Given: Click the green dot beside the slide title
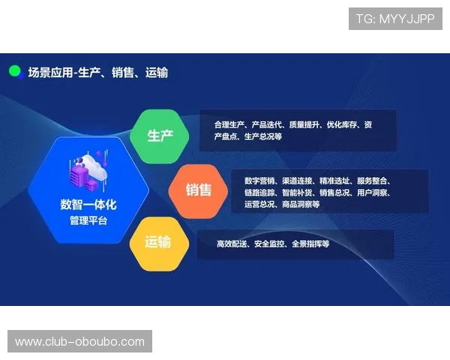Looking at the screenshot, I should point(14,71).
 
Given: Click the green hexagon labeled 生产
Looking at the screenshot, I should point(160,136).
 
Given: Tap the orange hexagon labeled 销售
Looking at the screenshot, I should point(199,190).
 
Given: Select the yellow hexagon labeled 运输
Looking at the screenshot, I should point(158,241).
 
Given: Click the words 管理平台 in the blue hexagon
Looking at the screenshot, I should point(88,220).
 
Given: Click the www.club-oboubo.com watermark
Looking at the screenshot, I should point(80,342).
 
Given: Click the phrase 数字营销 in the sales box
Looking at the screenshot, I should point(259,181).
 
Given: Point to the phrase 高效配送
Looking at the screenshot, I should point(232,244).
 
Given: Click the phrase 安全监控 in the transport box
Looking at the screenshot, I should point(271,244).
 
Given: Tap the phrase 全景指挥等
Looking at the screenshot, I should point(311,244).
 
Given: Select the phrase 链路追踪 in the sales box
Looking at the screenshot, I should point(259,193).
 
